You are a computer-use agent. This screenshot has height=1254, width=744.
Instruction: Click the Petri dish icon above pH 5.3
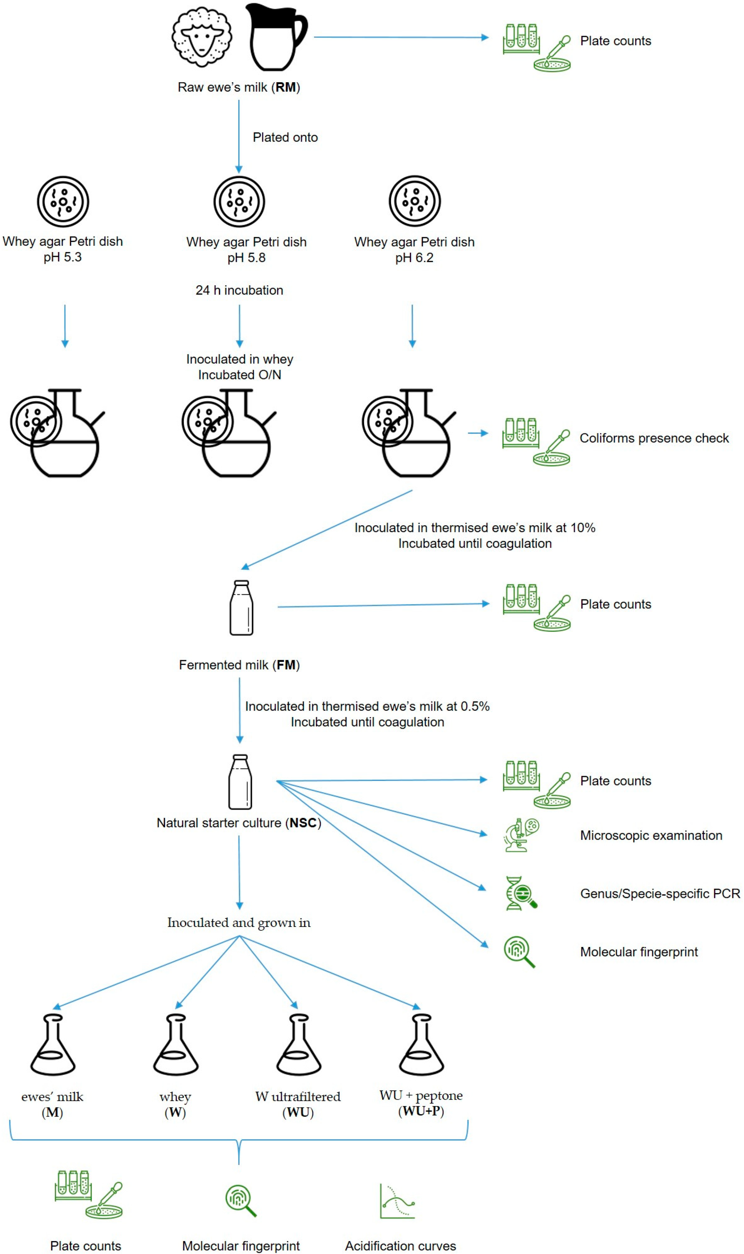[x=63, y=201]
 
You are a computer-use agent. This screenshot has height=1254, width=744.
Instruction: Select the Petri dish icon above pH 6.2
[x=415, y=201]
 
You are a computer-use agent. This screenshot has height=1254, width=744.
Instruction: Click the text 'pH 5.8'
[x=246, y=258]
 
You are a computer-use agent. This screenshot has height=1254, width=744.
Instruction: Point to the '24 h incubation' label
[x=239, y=290]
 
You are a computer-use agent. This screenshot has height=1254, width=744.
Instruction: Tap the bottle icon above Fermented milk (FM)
[x=241, y=608]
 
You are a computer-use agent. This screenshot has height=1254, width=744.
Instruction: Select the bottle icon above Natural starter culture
[x=240, y=782]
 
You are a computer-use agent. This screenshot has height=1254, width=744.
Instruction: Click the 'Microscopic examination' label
[x=651, y=835]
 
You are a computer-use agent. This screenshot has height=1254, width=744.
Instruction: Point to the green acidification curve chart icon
[x=397, y=1201]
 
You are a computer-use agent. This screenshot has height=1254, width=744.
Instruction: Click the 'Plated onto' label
[x=285, y=137]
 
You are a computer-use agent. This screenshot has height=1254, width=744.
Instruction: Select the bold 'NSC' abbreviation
[x=303, y=823]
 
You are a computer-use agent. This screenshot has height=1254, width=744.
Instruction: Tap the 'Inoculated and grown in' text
[x=239, y=923]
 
